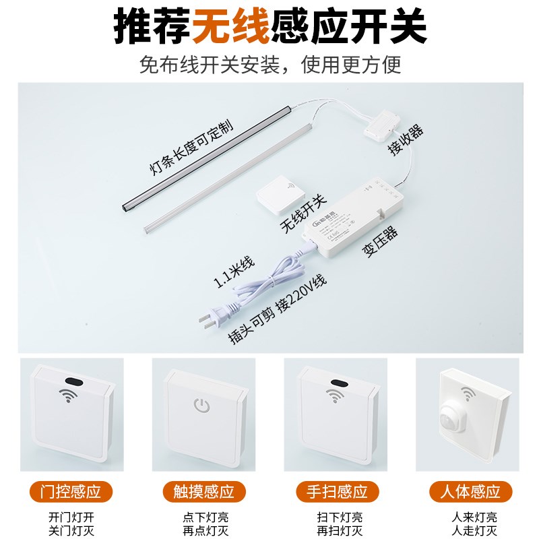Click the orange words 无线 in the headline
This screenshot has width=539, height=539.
point(230,27)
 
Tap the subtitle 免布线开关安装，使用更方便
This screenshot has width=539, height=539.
point(270,65)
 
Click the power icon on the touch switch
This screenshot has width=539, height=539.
point(201,406)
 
